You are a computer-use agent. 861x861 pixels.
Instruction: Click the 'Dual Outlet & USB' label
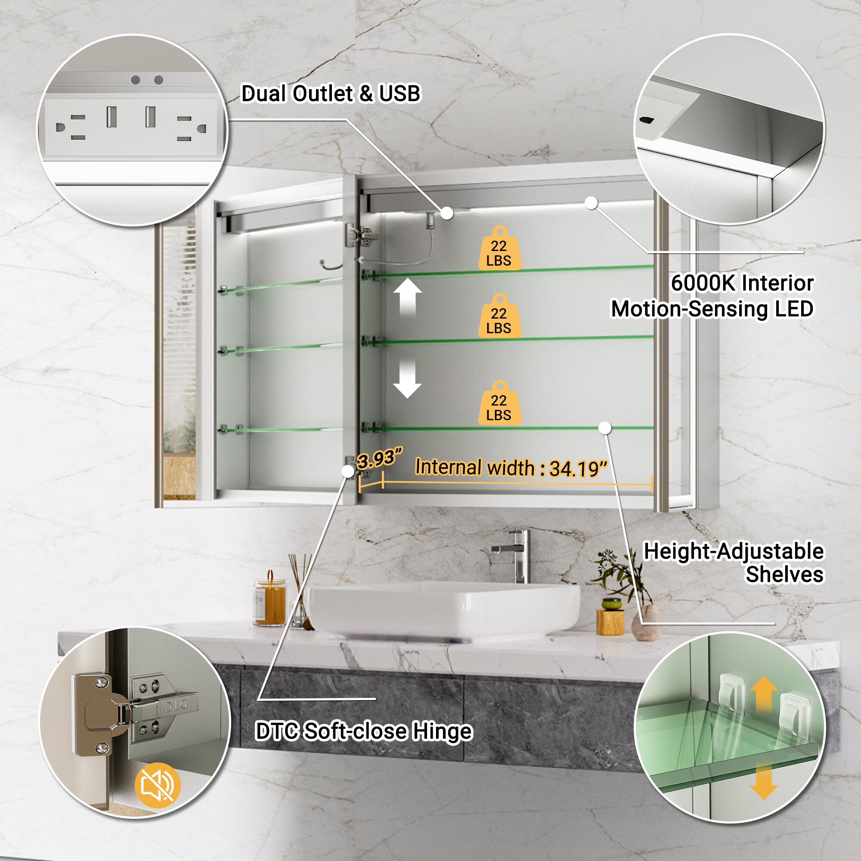330,93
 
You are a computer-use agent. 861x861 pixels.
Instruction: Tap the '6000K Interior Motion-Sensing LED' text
712,296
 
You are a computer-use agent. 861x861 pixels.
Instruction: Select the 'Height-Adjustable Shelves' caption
733,562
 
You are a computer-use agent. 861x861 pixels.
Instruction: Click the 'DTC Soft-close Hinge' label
363,731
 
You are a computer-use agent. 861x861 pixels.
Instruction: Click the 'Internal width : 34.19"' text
511,468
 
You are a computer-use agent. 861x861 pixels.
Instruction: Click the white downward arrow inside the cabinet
407,379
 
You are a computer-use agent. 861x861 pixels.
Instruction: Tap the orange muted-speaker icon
157,785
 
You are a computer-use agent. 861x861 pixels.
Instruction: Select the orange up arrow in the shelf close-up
763,693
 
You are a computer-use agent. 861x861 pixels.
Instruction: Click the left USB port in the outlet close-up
111,116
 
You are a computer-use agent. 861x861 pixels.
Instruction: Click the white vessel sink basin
443,608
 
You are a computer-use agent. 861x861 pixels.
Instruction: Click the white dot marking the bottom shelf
605,428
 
